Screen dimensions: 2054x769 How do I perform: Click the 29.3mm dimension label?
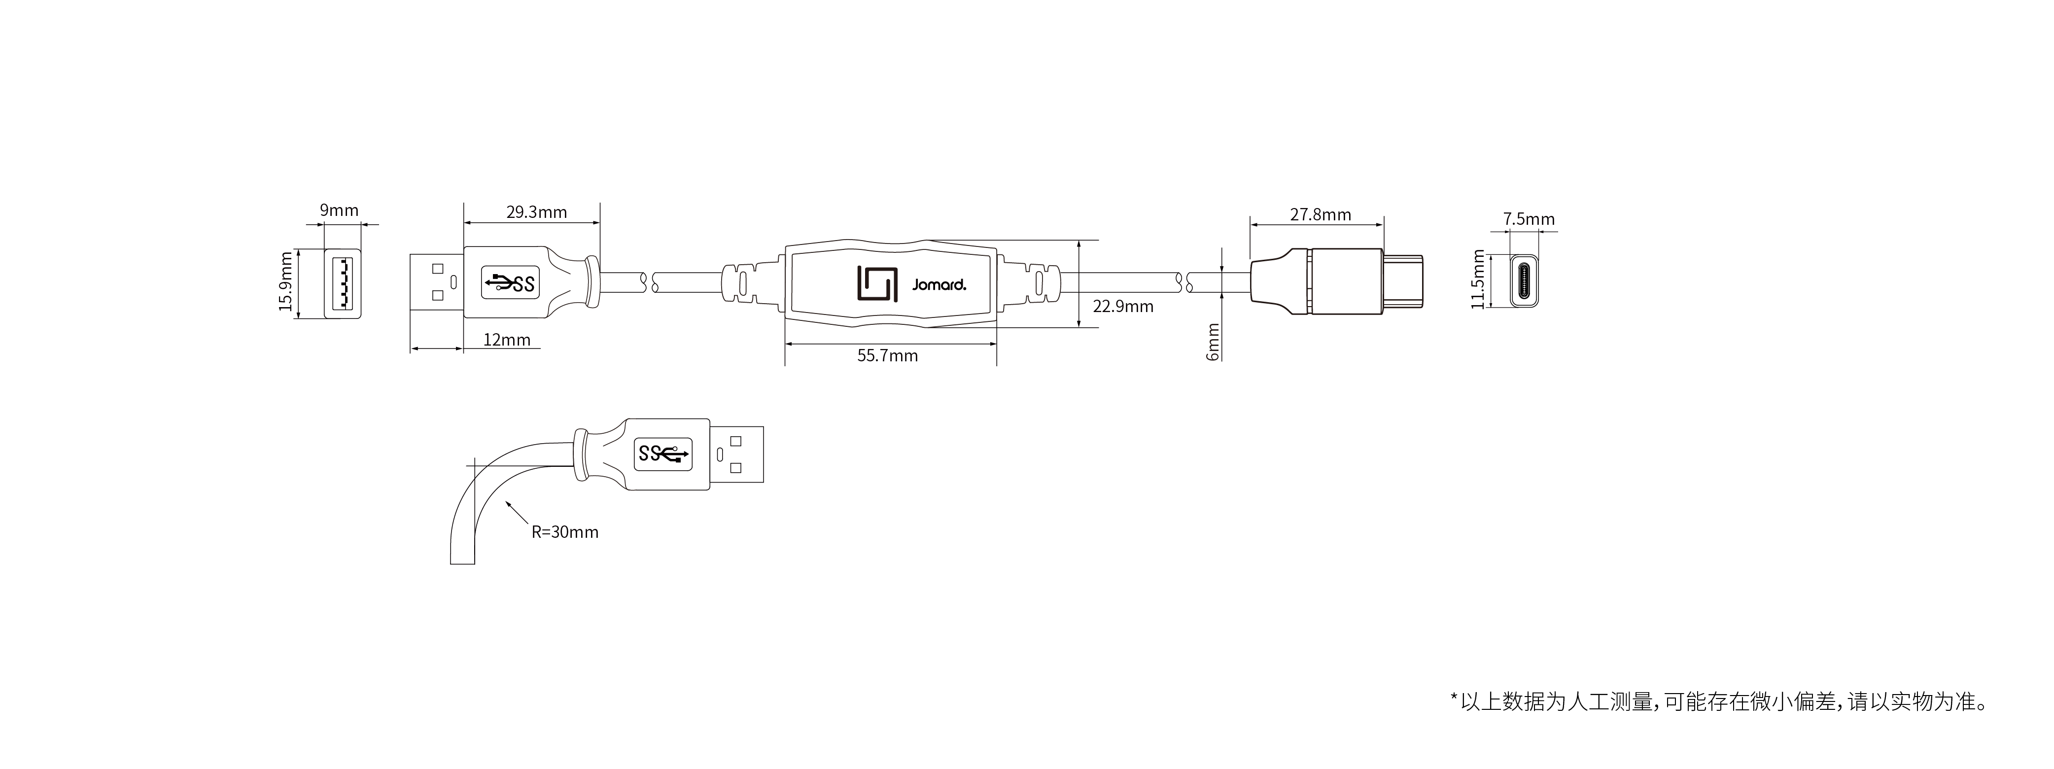click(x=537, y=212)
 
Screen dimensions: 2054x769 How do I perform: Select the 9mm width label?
click(x=340, y=210)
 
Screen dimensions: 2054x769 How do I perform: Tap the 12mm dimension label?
click(x=507, y=340)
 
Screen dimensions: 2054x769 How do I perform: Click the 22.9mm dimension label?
click(x=1123, y=306)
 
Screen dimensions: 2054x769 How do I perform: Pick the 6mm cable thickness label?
click(x=1213, y=342)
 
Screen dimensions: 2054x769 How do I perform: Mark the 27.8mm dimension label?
click(x=1321, y=214)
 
